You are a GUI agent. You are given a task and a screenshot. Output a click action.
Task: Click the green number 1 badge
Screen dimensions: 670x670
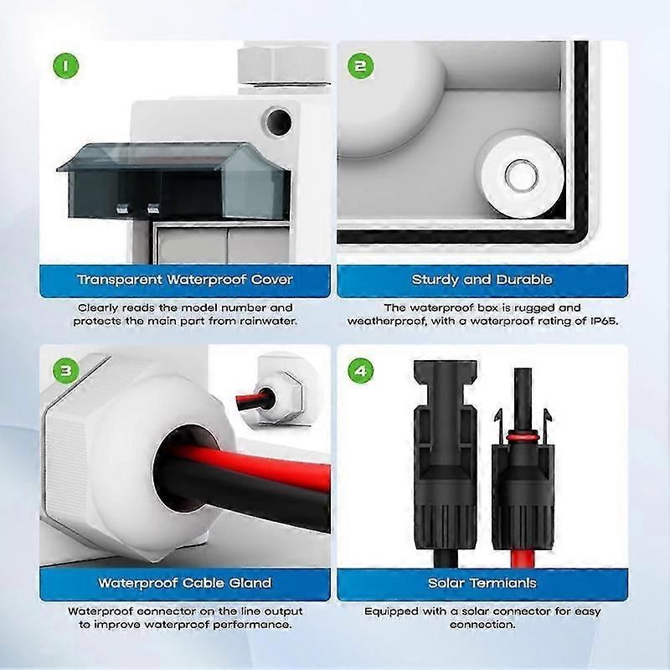[66, 66]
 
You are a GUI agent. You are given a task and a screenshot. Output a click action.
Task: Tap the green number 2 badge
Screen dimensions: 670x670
[361, 66]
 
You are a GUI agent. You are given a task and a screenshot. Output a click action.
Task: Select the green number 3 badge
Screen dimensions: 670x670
[66, 370]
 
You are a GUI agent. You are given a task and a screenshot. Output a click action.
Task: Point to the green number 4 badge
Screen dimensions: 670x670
[361, 370]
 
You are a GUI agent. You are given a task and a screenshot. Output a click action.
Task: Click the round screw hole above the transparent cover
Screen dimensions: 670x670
[278, 121]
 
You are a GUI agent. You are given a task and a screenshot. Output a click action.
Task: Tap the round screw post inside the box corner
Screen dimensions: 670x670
[522, 174]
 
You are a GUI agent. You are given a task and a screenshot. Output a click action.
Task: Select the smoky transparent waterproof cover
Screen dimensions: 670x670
[174, 179]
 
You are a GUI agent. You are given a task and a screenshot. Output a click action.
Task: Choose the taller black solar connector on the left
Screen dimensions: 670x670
[446, 461]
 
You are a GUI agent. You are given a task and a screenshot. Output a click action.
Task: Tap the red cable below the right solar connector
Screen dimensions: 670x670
[522, 558]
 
